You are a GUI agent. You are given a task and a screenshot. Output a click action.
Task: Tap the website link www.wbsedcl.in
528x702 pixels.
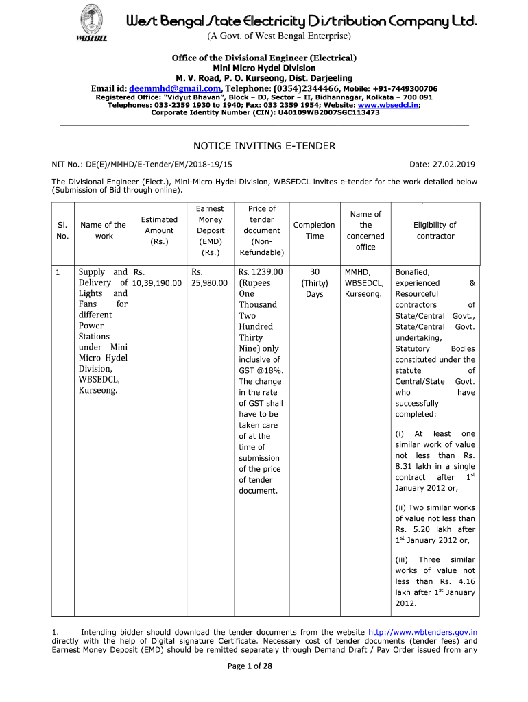point(393,105)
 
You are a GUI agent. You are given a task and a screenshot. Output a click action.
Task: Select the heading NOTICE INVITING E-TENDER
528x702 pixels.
point(264,146)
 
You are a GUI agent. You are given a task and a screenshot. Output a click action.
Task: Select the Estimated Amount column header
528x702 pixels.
point(159,230)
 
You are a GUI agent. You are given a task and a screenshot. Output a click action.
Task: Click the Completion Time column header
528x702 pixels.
point(314,230)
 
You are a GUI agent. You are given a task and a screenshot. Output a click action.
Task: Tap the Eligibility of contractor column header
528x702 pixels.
point(435,230)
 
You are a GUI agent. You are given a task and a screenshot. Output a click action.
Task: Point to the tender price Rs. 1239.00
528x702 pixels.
point(261,272)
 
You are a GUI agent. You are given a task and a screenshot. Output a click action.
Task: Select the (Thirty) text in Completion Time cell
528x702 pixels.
point(314,283)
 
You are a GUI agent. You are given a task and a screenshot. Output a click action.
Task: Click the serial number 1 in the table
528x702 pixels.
point(58,272)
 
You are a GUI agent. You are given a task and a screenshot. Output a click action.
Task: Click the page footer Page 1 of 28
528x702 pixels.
point(264,688)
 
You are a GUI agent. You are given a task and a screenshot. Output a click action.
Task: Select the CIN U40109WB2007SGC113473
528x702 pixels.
point(326,112)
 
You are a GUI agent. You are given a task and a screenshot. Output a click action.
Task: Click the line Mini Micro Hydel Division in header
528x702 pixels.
point(264,68)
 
